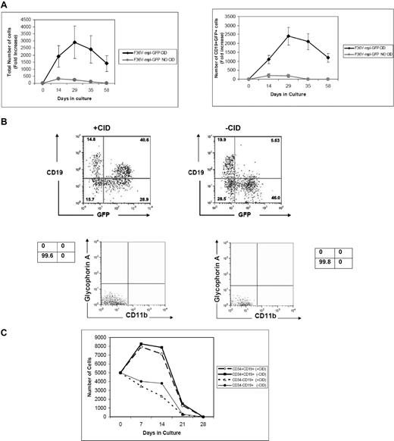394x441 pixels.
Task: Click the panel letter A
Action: click(5, 6)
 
